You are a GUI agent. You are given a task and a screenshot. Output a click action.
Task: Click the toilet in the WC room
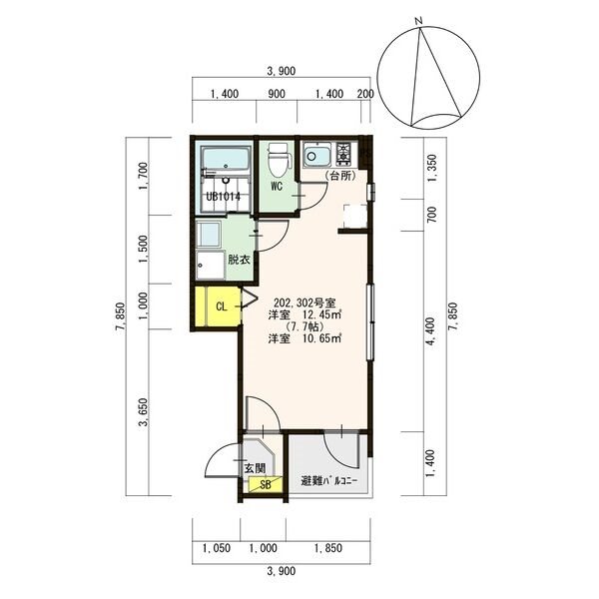(x=277, y=160)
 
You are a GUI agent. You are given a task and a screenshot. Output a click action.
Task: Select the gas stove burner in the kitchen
(x=343, y=153)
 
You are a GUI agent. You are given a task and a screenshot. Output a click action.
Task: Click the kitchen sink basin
(x=316, y=156)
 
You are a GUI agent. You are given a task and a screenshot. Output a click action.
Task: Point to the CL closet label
(x=222, y=306)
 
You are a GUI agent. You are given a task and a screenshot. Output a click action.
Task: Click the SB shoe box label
(x=266, y=484)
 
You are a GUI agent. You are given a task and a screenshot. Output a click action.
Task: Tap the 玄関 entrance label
(x=255, y=468)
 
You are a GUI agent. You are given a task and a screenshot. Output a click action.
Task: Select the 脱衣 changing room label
(x=239, y=260)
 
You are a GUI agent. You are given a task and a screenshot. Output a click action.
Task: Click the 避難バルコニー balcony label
(x=328, y=481)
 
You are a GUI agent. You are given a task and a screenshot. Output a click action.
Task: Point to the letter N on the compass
(x=419, y=21)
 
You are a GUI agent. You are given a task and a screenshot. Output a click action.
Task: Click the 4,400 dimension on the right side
(x=431, y=331)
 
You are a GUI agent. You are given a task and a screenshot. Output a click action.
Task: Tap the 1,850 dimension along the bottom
(x=328, y=548)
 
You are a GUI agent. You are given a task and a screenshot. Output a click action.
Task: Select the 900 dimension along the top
(x=277, y=94)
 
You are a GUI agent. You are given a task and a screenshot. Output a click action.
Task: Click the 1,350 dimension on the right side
(x=431, y=168)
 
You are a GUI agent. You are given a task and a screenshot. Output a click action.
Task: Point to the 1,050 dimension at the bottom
(x=217, y=548)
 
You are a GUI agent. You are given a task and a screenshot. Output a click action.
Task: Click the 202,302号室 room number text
(x=304, y=303)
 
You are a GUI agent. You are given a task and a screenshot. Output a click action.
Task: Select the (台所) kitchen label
(x=340, y=176)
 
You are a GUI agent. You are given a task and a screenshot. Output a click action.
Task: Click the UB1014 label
(x=224, y=197)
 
